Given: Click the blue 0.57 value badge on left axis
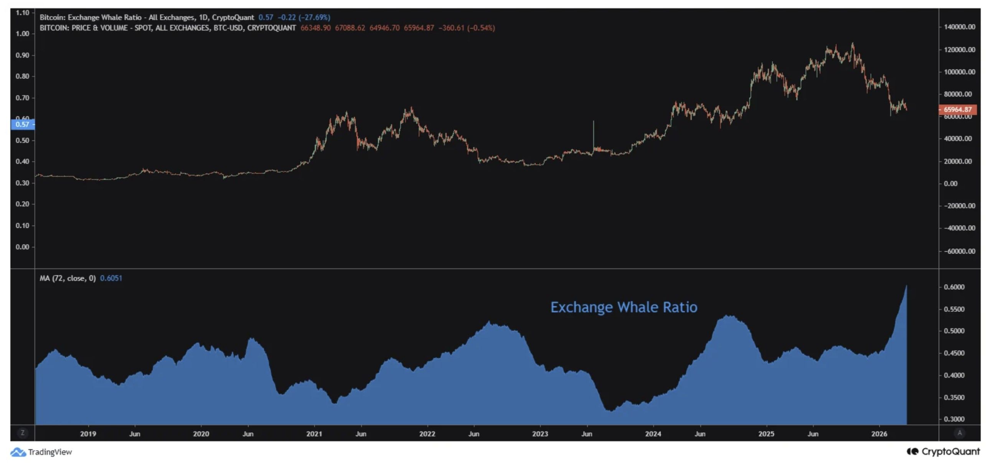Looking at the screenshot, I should tap(22, 125).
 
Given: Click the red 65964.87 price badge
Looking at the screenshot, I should tap(958, 109).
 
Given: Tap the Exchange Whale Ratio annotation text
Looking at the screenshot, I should tap(624, 307).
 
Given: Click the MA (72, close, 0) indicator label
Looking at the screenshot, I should tap(68, 278).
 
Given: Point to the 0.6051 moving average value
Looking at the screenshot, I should tap(111, 278).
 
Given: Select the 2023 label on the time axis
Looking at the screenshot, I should tap(540, 434).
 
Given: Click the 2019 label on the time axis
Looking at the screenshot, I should tap(88, 434).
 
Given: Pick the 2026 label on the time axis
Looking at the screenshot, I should tap(879, 434).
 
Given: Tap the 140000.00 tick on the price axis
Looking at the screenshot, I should tap(960, 27).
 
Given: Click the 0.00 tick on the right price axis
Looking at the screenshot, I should tap(950, 184).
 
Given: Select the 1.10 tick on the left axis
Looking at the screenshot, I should tap(22, 13).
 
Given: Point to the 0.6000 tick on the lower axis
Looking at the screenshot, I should tap(954, 287).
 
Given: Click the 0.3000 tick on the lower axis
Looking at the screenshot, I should tap(954, 419).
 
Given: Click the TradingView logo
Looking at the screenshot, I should tap(41, 452).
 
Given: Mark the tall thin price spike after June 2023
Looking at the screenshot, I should tap(593, 131).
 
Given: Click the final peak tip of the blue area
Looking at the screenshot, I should tap(906, 286).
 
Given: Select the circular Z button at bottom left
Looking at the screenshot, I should tap(22, 433).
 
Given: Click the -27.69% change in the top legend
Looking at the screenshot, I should tap(315, 17).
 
